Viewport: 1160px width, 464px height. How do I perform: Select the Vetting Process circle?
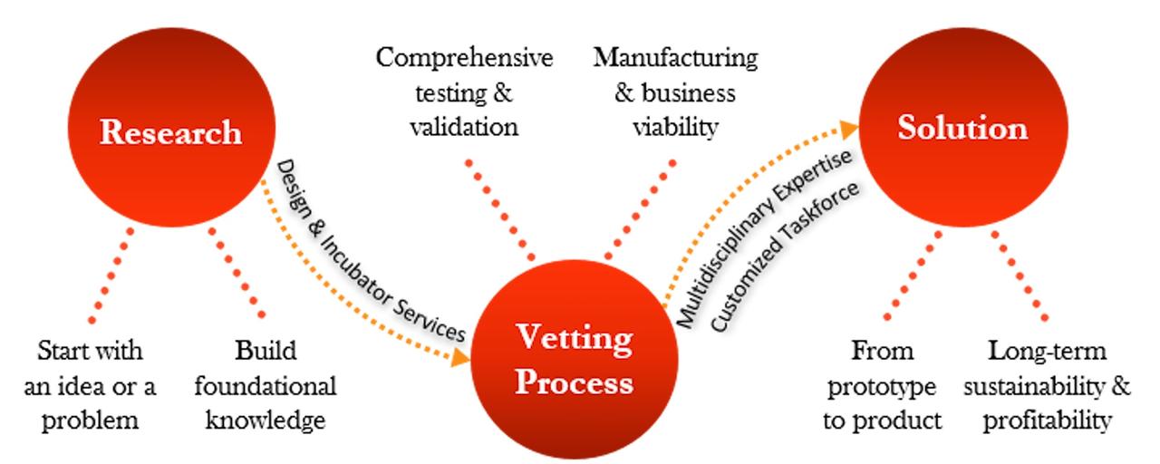tap(574, 362)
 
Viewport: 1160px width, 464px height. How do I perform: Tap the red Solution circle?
tap(962, 128)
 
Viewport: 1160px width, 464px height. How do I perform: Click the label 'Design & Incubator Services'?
tap(370, 250)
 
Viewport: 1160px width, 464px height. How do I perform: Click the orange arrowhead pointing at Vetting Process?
tap(460, 355)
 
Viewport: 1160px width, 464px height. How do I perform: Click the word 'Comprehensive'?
tap(464, 59)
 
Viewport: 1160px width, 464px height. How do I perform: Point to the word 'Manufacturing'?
tap(675, 59)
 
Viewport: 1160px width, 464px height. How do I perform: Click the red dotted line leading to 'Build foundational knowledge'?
tap(237, 272)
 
